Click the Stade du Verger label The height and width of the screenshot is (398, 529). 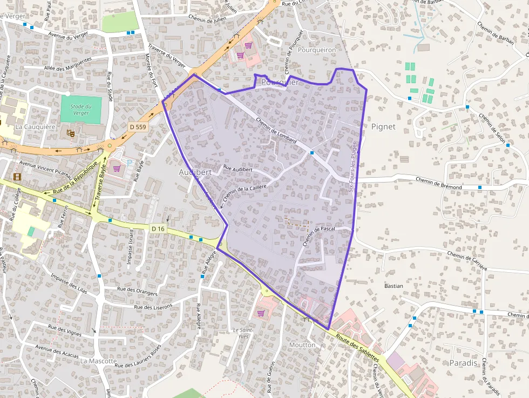[x=80, y=110]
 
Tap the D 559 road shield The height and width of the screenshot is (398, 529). [x=138, y=126]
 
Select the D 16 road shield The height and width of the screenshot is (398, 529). [x=158, y=229]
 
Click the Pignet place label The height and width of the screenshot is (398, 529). [x=383, y=126]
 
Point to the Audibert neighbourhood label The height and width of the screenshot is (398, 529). [x=194, y=171]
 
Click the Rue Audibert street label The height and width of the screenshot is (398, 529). [x=238, y=169]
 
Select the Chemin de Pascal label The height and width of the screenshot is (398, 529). [x=318, y=236]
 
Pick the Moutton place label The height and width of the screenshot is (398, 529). [x=302, y=345]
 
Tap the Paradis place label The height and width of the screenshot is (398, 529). [x=463, y=363]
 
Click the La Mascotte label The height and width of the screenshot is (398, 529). [x=98, y=361]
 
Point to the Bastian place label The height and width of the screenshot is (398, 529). [x=394, y=286]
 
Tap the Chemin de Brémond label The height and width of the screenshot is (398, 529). [x=438, y=183]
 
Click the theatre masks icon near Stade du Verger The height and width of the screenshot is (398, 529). [x=70, y=132]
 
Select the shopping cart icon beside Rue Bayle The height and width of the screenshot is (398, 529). [x=116, y=168]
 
